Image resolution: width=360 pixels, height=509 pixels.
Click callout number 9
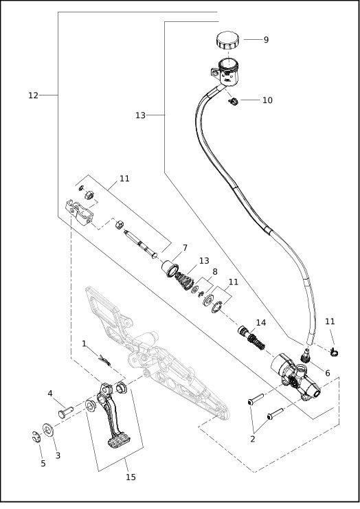(x=266, y=40)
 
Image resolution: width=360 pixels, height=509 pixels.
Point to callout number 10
(x=267, y=100)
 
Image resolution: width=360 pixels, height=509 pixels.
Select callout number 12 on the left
(x=33, y=95)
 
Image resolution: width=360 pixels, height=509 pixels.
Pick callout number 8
(x=214, y=271)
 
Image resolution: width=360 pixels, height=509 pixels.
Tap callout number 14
(x=260, y=322)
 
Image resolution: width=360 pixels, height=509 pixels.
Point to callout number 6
(x=327, y=373)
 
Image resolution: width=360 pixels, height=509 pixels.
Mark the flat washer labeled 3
(x=48, y=431)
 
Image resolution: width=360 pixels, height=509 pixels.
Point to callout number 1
(x=84, y=343)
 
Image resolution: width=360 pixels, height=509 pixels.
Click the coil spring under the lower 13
(x=185, y=282)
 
